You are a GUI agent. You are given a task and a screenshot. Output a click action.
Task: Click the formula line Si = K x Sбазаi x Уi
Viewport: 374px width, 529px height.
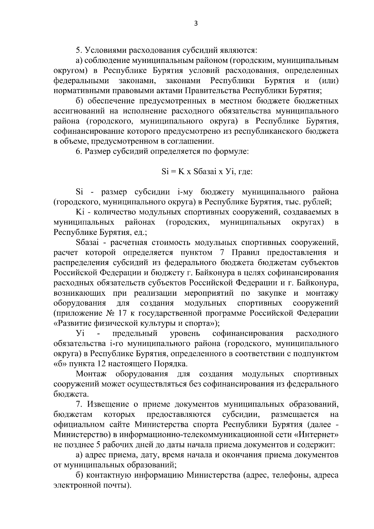[207, 171]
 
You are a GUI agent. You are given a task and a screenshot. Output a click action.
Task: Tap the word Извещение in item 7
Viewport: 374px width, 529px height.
[108, 404]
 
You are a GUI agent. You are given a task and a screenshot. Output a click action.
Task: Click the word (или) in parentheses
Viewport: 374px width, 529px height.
[329, 81]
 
